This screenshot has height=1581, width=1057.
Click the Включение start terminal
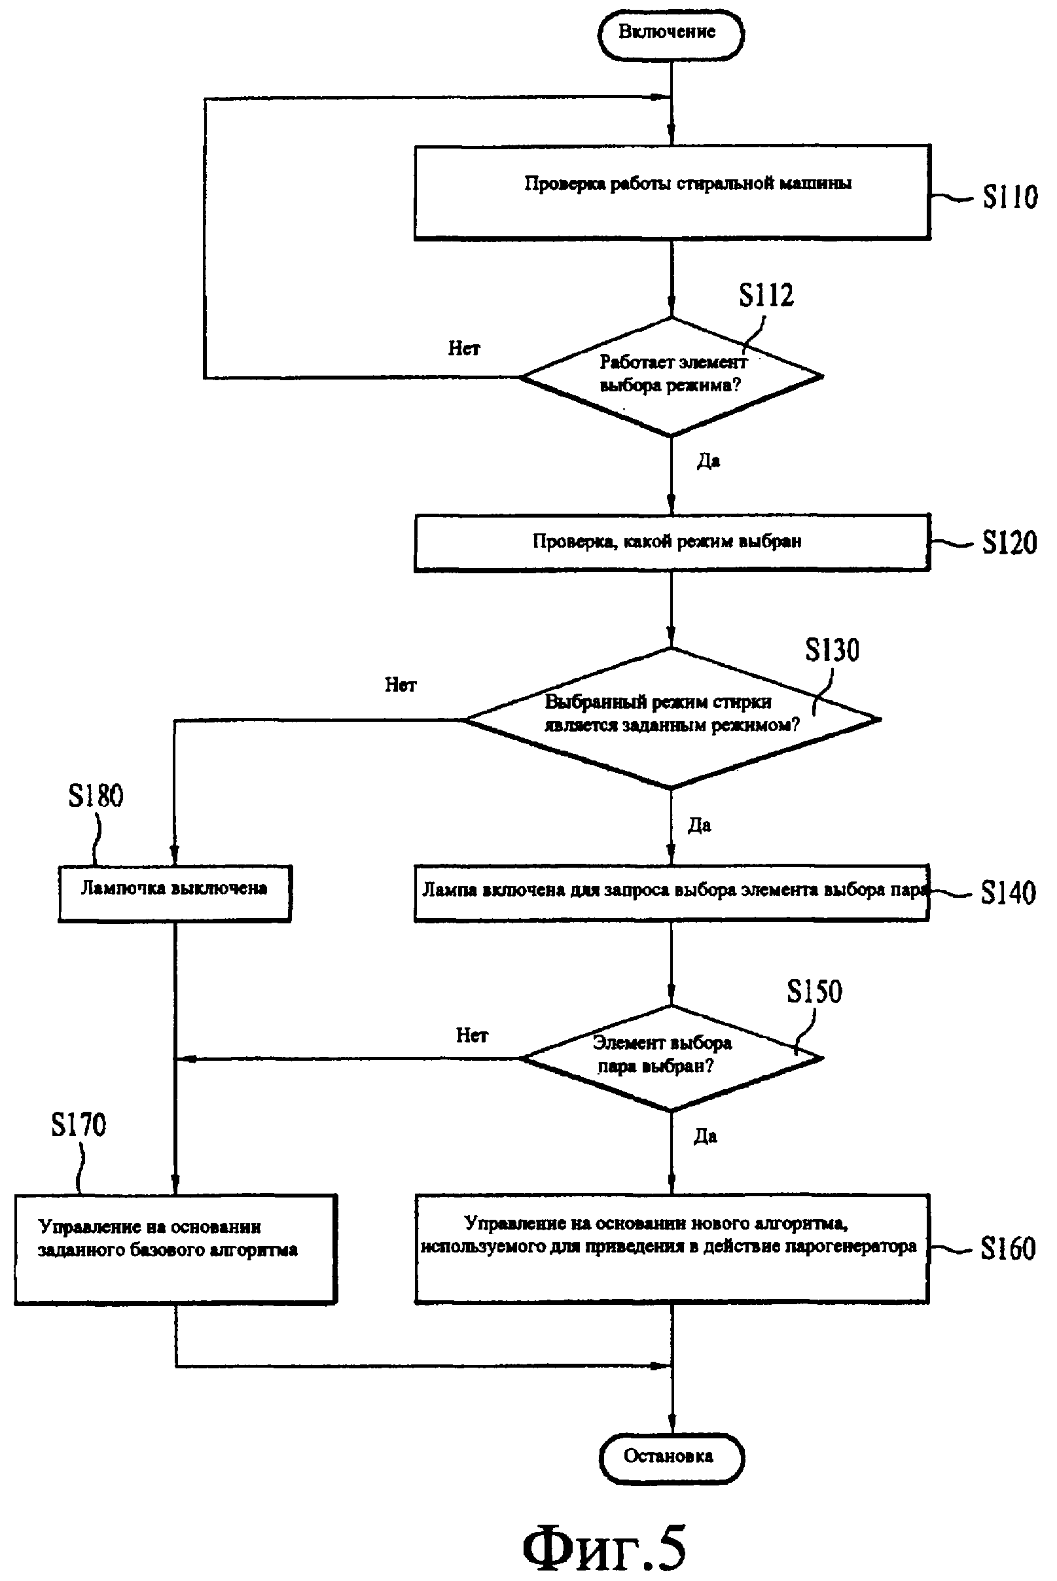point(670,33)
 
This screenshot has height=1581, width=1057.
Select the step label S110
point(1009,197)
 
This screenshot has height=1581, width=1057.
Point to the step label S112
point(766,295)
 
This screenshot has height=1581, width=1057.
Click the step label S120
point(1009,542)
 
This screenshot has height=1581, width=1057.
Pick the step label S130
point(832,650)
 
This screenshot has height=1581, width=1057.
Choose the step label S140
point(1008,893)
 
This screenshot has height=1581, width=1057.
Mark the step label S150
point(814,992)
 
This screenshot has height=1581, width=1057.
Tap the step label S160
point(1008,1248)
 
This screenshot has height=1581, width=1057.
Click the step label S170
point(79,1125)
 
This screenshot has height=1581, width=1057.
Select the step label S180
point(96,796)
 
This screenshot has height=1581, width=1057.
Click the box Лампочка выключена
point(175,893)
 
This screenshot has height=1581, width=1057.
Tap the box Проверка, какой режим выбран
point(672,542)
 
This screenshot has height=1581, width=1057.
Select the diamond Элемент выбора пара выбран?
point(672,1057)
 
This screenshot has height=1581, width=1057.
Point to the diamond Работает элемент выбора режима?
point(672,376)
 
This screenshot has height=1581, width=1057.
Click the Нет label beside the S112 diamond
point(464,348)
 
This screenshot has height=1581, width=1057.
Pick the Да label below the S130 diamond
point(699,826)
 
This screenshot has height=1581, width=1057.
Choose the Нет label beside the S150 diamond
point(471,1035)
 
